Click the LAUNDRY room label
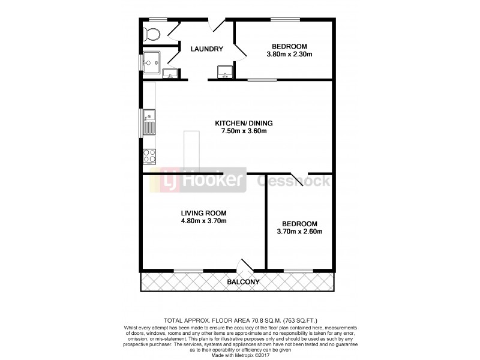click(x=207, y=49)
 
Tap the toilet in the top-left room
click(x=152, y=34)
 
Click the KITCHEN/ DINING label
click(x=241, y=124)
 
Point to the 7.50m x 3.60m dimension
click(x=241, y=131)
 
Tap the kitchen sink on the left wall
click(x=149, y=122)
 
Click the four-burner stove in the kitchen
click(x=149, y=156)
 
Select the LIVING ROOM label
click(x=204, y=213)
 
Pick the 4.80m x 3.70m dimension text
click(x=204, y=221)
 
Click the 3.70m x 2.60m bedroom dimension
click(x=301, y=232)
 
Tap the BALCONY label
click(x=243, y=282)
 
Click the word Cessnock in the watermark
click(x=293, y=180)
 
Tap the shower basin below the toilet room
click(x=151, y=60)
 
